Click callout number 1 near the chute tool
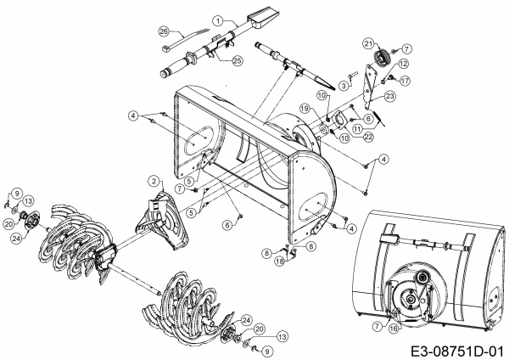pyautogui.click(x=218, y=21)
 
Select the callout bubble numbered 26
pyautogui.click(x=165, y=31)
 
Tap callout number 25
pyautogui.click(x=238, y=60)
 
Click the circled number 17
pyautogui.click(x=405, y=81)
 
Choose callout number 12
pyautogui.click(x=404, y=64)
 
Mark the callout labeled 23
pyautogui.click(x=390, y=96)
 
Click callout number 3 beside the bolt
pyautogui.click(x=344, y=86)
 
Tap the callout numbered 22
pyautogui.click(x=368, y=137)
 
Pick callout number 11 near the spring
pyautogui.click(x=358, y=129)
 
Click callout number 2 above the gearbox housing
pyautogui.click(x=154, y=181)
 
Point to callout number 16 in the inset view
pyautogui.click(x=394, y=329)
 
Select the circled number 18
pyautogui.click(x=280, y=261)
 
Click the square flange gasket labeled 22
pyautogui.click(x=340, y=121)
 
